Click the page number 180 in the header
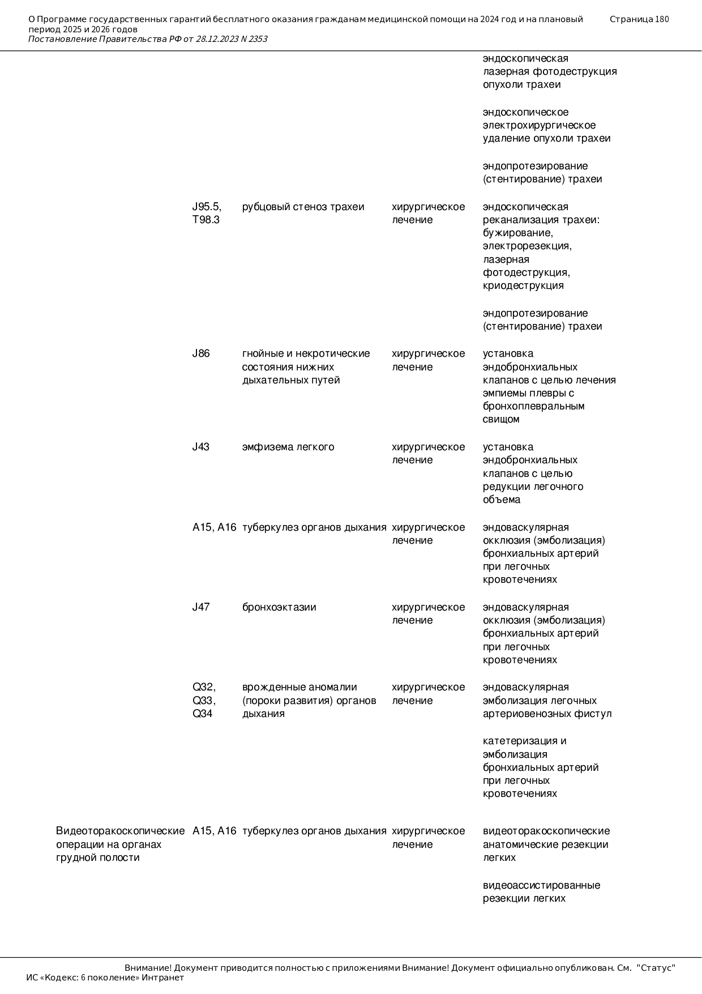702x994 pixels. click(x=662, y=19)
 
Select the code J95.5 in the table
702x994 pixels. click(x=206, y=207)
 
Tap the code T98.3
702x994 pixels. click(x=206, y=220)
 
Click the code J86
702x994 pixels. click(x=201, y=353)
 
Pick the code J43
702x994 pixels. click(x=201, y=447)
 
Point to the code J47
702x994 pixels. click(x=201, y=607)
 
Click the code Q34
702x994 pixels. click(x=203, y=714)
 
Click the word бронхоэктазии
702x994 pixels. click(x=279, y=607)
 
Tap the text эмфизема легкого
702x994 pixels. click(x=288, y=447)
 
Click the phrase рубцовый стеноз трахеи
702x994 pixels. click(x=303, y=207)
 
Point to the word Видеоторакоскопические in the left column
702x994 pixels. click(x=120, y=831)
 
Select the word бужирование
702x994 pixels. click(x=517, y=233)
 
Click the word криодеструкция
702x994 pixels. click(x=523, y=285)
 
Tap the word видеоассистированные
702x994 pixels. click(x=541, y=885)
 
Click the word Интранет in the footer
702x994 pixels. click(x=162, y=978)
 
